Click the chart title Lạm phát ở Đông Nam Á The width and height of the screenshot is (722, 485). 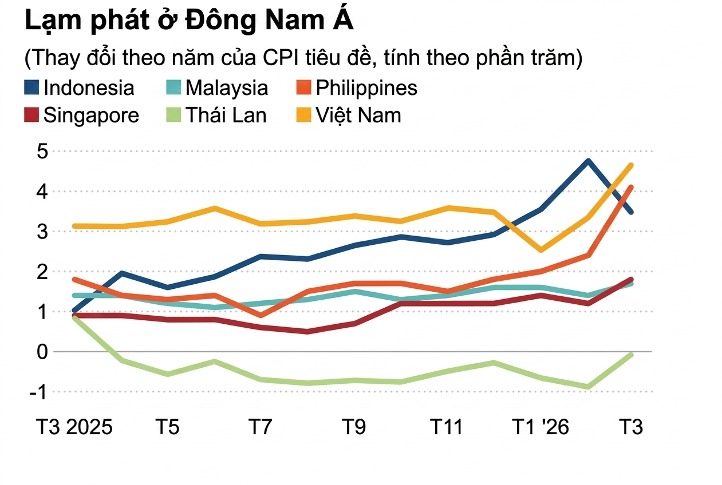point(189,21)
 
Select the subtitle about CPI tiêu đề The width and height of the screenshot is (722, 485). point(303,58)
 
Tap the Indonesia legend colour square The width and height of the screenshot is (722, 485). point(32,88)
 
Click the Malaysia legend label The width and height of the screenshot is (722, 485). point(227,88)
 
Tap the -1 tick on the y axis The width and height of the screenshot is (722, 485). point(39,392)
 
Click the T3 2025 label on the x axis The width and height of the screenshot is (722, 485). point(74,427)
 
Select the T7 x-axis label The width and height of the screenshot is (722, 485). point(261,427)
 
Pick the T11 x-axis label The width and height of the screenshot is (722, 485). point(447,427)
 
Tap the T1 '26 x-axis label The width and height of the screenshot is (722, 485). point(540,427)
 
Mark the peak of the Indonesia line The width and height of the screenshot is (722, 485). point(588,161)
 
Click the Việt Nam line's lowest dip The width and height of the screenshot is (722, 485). point(541,250)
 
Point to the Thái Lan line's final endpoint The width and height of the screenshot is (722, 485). point(632,355)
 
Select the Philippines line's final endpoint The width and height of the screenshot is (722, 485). point(632,186)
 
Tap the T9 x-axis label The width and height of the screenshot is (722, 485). point(354,427)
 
